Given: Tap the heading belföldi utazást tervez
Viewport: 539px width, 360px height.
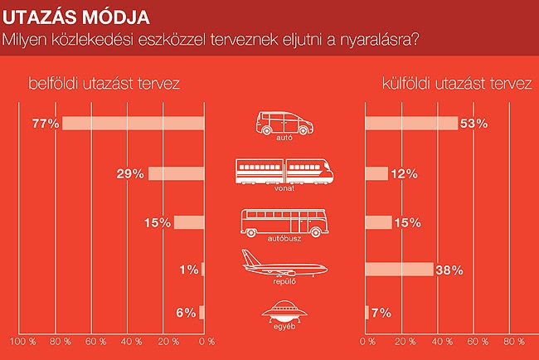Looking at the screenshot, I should tap(104, 84).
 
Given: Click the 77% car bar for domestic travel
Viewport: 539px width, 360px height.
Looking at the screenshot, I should tap(133, 124).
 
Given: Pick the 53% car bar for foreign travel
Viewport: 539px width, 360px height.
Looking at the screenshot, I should tap(411, 124).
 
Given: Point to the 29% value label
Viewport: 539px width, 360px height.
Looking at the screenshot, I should tap(131, 173).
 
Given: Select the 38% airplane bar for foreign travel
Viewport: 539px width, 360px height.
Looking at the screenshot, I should tap(399, 270).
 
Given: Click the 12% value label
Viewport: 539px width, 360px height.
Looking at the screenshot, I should tap(405, 173).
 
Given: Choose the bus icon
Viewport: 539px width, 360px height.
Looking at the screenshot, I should tap(284, 221).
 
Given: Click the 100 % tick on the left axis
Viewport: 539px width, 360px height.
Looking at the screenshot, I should tap(22, 342).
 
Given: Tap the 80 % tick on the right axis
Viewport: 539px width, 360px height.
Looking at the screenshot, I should tap(511, 342).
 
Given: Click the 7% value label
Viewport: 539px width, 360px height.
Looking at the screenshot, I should tap(381, 313).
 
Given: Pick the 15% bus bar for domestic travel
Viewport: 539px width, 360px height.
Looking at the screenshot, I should tap(189, 221).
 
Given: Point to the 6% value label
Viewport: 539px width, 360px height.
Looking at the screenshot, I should tap(187, 313).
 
